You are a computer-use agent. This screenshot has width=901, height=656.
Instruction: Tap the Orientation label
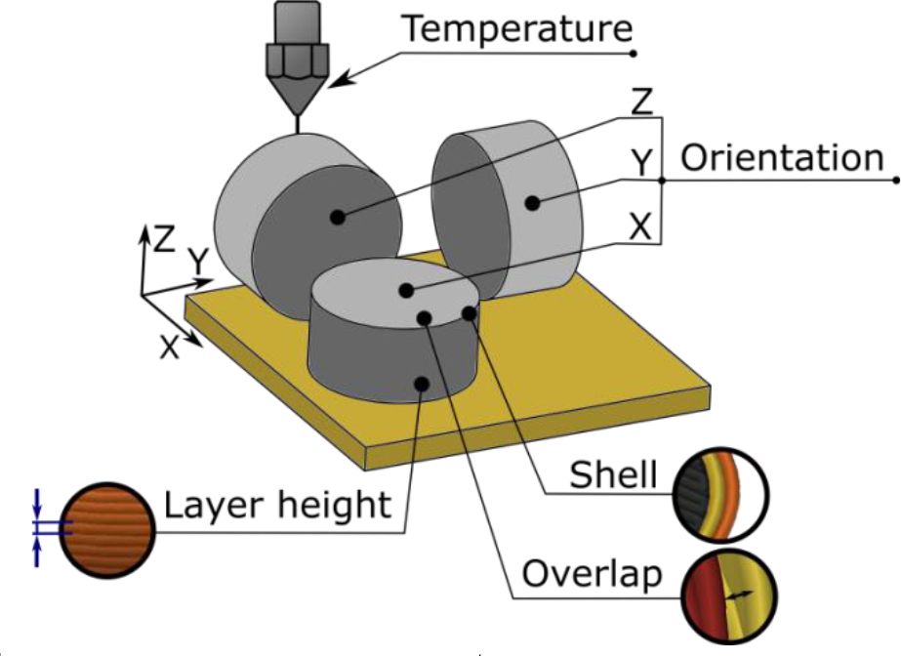tap(781, 158)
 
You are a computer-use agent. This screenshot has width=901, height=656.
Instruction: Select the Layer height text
tap(277, 507)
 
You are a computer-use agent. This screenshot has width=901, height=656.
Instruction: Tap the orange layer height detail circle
tap(107, 528)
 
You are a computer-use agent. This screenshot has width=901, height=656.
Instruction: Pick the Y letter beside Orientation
tap(639, 165)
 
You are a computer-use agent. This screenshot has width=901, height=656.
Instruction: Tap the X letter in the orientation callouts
tap(640, 227)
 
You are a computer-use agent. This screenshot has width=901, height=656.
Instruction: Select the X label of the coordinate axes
tap(170, 348)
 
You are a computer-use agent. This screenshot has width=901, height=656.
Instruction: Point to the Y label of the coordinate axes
tap(199, 262)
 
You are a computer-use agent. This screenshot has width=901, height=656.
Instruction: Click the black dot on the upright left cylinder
tap(338, 218)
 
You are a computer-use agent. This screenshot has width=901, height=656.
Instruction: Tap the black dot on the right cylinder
tap(532, 203)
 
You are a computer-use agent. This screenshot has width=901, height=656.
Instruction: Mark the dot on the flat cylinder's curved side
tap(421, 384)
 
